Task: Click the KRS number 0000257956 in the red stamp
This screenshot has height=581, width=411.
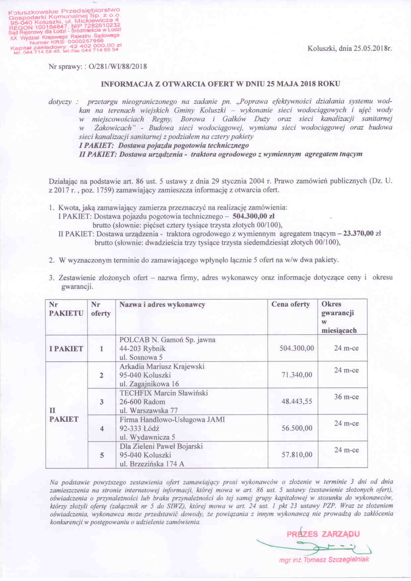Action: point(86,41)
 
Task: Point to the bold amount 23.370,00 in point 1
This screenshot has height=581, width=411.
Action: point(357,234)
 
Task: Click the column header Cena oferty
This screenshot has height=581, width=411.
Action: point(291,304)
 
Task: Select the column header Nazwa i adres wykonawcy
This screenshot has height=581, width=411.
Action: point(162,304)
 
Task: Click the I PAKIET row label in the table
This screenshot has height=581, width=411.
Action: point(66,348)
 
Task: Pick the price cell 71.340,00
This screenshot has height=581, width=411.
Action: point(297,375)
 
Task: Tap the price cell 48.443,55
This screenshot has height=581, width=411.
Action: point(297,401)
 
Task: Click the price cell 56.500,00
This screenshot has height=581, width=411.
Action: point(297,428)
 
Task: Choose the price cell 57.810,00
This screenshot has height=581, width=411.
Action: point(297,455)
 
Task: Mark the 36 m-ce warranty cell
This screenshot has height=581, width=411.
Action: point(346,397)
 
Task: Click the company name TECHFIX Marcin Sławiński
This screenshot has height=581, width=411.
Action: point(164,393)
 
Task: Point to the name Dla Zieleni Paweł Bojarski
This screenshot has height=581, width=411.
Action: point(161,446)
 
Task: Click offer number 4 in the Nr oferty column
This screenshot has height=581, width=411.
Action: point(102,428)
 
